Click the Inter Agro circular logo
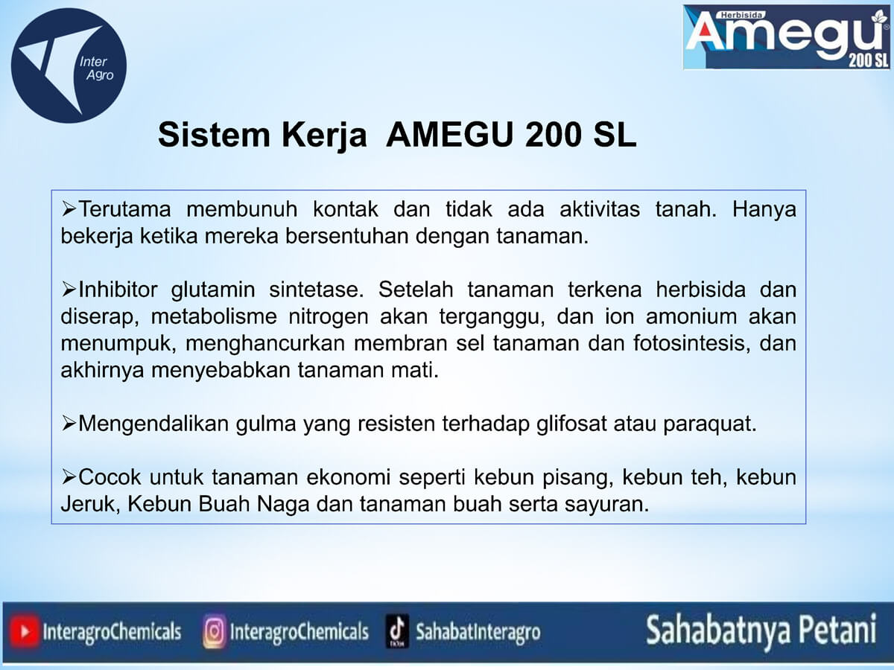[69, 66]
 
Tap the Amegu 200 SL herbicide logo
[787, 37]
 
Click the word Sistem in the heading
[214, 135]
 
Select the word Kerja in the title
[324, 135]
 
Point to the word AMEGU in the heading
[449, 135]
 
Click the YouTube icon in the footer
[25, 632]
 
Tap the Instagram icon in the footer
[215, 632]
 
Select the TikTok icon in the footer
[397, 631]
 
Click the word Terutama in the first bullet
[124, 209]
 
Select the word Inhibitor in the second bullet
[118, 290]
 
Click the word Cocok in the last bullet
[110, 477]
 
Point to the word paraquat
[710, 424]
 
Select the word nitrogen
[329, 317]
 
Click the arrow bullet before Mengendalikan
[69, 424]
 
